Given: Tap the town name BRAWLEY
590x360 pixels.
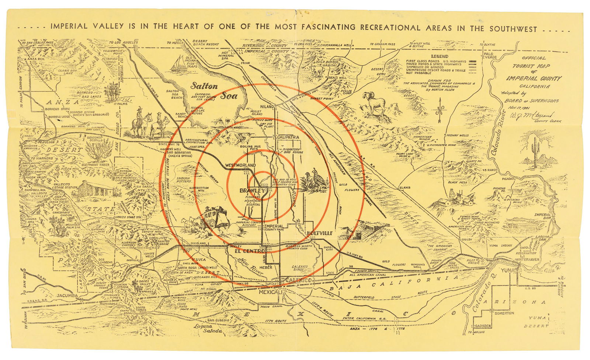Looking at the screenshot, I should [252, 191].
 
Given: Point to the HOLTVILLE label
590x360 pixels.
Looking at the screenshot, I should [319, 233].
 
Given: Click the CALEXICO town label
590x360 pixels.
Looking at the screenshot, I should [300, 281].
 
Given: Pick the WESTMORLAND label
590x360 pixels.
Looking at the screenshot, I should [240, 165].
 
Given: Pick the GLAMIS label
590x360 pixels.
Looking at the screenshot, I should [405, 188].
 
